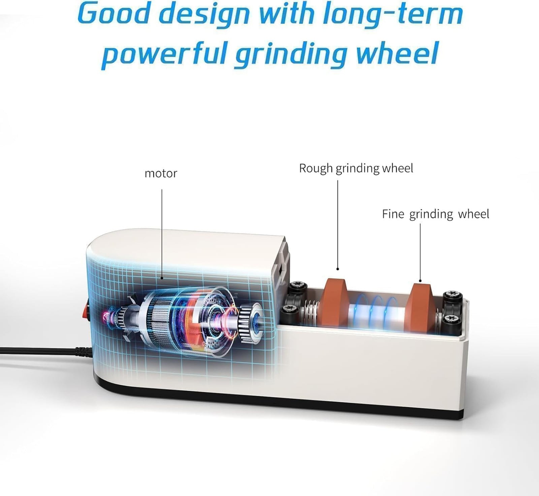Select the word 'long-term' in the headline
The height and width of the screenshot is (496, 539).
coord(392,14)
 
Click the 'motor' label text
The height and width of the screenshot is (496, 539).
coord(161,173)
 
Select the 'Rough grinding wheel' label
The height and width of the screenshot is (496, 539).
coord(356,169)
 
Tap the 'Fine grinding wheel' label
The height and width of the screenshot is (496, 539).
coord(435,214)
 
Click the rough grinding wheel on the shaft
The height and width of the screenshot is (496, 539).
coord(335,303)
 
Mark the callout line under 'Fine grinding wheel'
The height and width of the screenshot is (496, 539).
coord(420,253)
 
